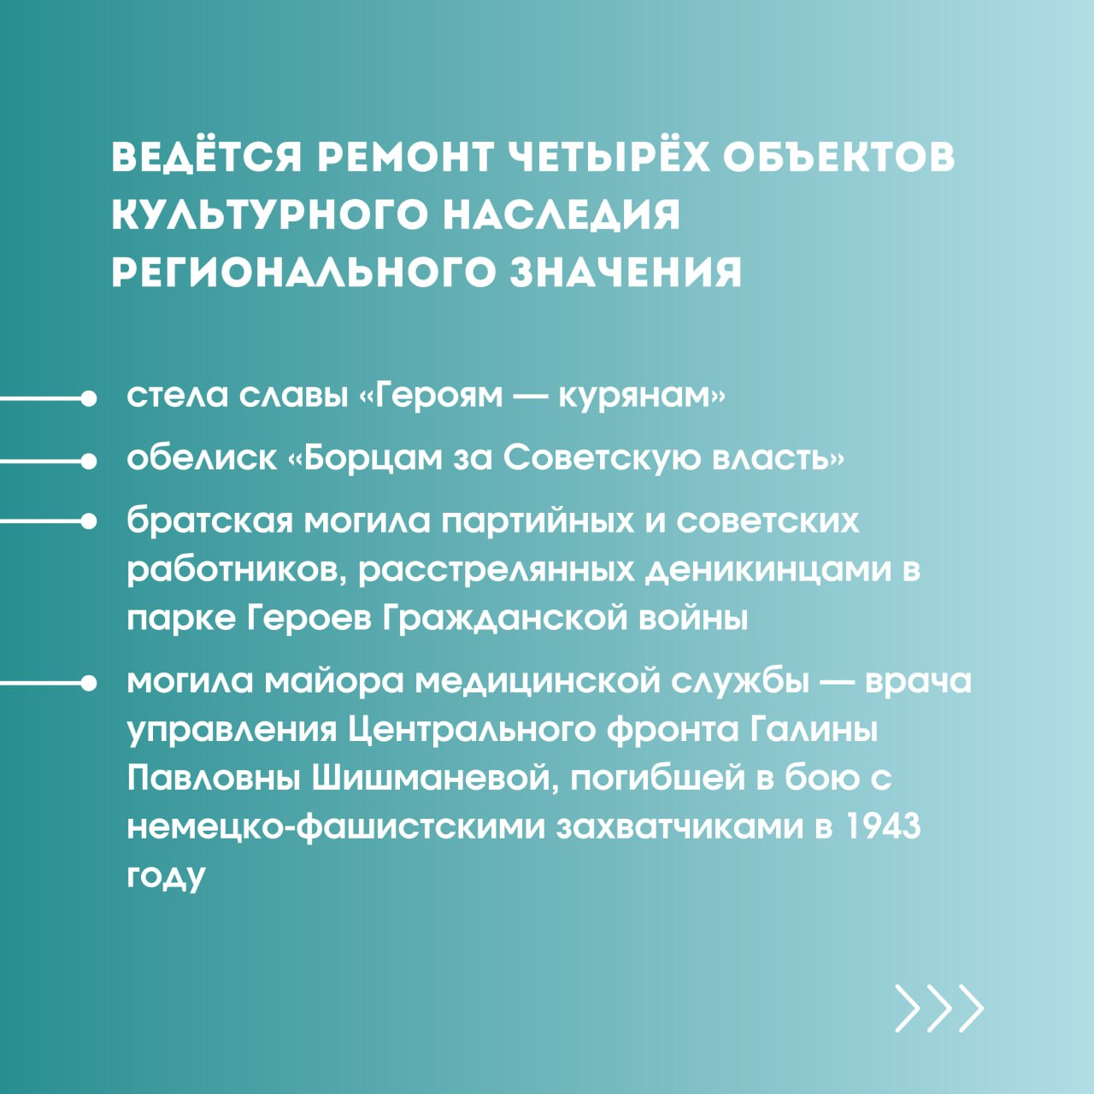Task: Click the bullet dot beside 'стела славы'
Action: pyautogui.click(x=89, y=398)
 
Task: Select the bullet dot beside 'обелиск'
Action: pyautogui.click(x=89, y=462)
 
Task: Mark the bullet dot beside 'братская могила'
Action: pyautogui.click(x=89, y=521)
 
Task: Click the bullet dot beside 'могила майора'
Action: pyautogui.click(x=89, y=684)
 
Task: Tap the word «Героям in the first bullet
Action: pyautogui.click(x=432, y=397)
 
